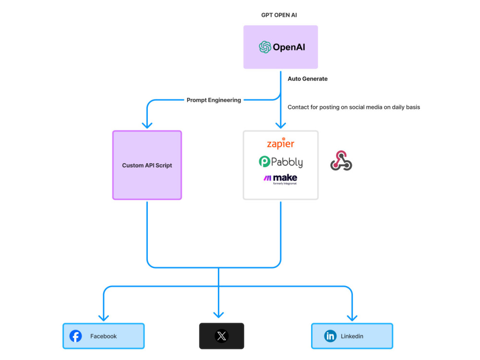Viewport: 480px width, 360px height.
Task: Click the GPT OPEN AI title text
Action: coord(279,15)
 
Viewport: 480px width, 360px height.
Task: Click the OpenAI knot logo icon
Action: coord(265,47)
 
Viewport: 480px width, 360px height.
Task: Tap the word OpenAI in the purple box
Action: coord(289,47)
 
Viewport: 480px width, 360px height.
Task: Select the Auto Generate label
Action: coord(307,79)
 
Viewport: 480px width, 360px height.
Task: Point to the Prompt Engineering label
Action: coord(214,100)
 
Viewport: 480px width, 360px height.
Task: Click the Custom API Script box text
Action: coord(147,165)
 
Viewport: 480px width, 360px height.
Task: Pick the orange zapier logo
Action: coord(280,144)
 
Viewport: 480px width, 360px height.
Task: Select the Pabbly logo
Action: coord(280,162)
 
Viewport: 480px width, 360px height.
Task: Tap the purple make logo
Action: coord(280,179)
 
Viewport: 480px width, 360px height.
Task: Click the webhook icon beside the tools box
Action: coord(341,161)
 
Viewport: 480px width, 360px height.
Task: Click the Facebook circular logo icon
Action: coord(76,336)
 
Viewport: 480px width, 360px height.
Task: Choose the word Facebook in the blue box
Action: coord(104,336)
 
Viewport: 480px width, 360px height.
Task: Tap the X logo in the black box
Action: coord(221,336)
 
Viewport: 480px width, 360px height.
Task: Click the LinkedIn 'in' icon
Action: coord(330,336)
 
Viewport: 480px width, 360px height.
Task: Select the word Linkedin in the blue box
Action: coord(352,336)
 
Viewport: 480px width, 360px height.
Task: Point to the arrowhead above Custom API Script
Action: coord(147,125)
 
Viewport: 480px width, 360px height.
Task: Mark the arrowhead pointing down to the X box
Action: coord(218,314)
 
